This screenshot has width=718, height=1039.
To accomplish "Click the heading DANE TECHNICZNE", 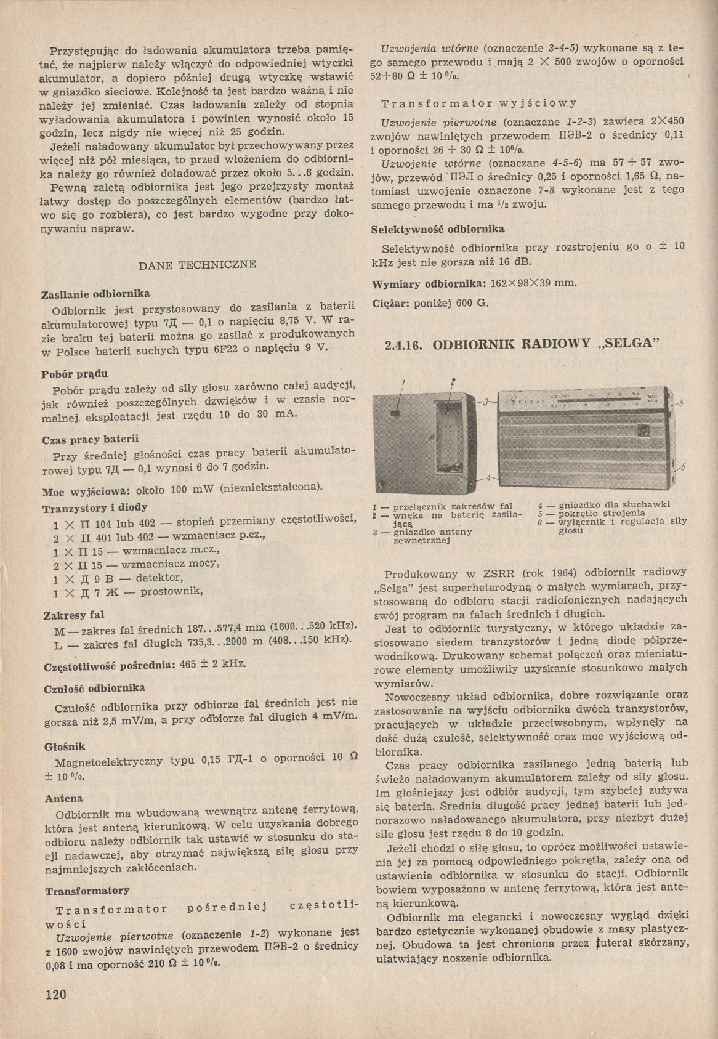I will [x=197, y=265].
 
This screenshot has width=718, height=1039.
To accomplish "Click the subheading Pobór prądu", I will [x=66, y=374].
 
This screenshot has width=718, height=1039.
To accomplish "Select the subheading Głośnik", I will [x=60, y=746].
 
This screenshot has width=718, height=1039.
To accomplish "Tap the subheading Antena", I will [x=60, y=799].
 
